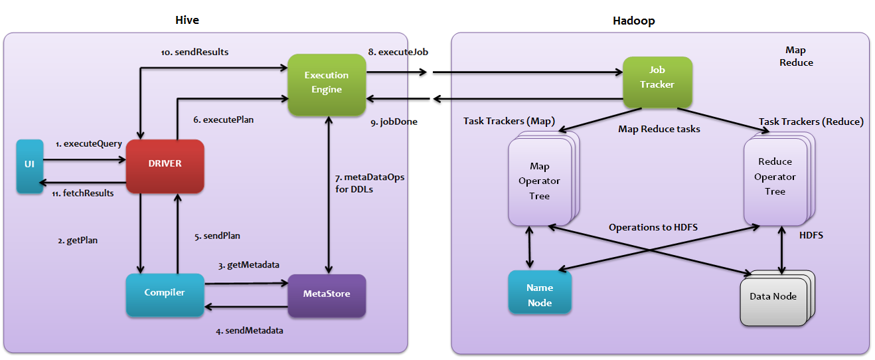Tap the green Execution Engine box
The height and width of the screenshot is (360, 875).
(x=327, y=83)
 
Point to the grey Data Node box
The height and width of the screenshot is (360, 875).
(x=773, y=297)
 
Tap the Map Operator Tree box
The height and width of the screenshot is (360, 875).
(x=539, y=181)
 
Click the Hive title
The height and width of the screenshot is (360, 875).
(x=187, y=21)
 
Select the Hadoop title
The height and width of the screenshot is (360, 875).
(x=633, y=21)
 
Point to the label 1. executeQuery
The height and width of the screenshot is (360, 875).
(x=89, y=143)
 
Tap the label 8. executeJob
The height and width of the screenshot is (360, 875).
(x=397, y=51)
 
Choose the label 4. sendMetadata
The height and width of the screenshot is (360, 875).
(x=250, y=330)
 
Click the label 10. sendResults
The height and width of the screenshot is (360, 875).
(x=195, y=52)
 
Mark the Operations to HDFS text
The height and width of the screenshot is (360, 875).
(x=653, y=228)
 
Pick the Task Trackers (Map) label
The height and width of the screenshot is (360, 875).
(x=509, y=122)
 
